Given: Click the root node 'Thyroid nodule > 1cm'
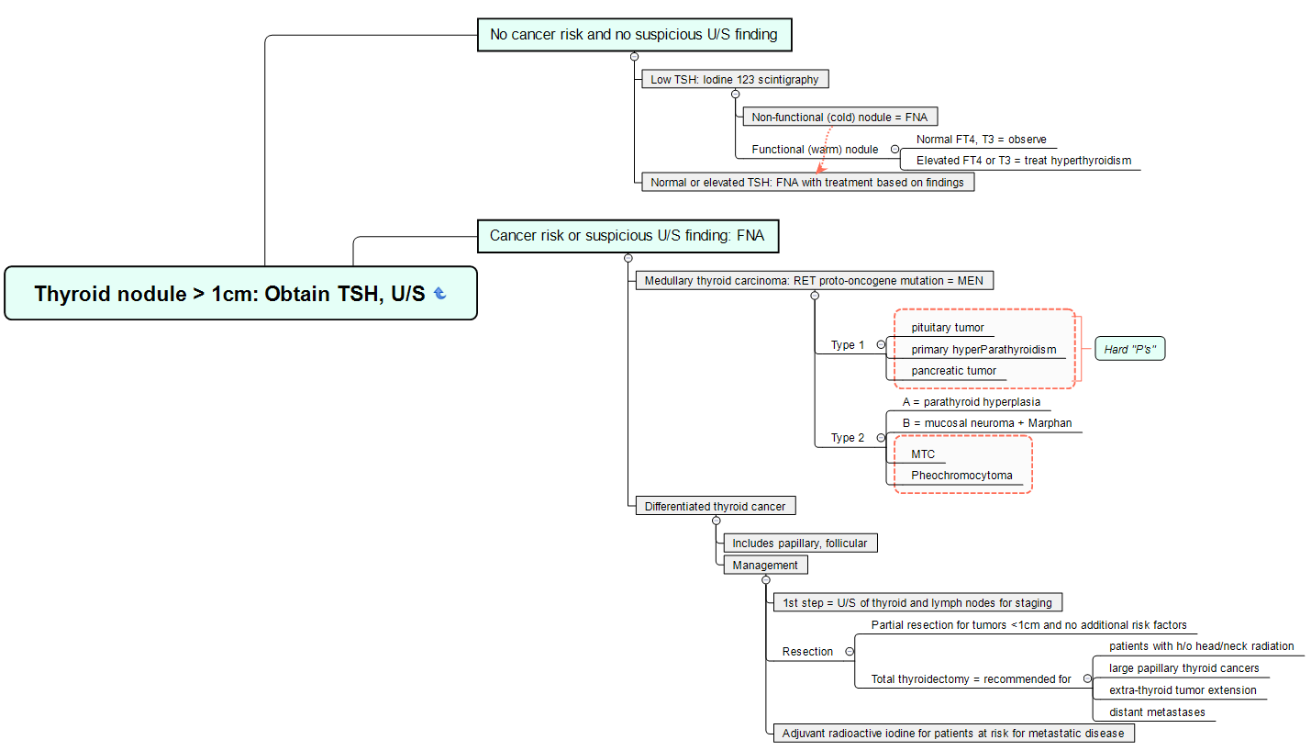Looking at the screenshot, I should [229, 294].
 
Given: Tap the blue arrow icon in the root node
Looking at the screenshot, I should [440, 294].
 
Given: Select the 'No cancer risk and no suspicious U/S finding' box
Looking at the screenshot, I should [633, 35].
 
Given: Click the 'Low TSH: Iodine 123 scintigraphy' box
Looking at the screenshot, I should [734, 80].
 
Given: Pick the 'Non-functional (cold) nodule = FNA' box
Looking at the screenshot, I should [839, 117].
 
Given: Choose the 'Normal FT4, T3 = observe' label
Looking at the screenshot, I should [981, 140].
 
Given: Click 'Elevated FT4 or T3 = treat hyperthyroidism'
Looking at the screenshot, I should [1023, 161].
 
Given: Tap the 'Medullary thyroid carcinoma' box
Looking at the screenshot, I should [814, 280].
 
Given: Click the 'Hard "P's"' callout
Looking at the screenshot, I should [1129, 350].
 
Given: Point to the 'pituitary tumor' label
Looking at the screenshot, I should [947, 328].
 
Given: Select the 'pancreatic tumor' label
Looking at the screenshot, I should [953, 371].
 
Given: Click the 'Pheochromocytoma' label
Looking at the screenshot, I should [961, 476].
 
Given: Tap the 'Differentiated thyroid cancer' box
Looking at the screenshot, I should [715, 506].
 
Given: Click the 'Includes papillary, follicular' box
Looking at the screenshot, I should [799, 544].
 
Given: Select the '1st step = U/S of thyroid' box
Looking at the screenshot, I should [917, 603].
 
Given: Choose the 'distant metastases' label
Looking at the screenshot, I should [1157, 712].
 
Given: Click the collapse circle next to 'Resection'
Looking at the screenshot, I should [849, 651].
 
